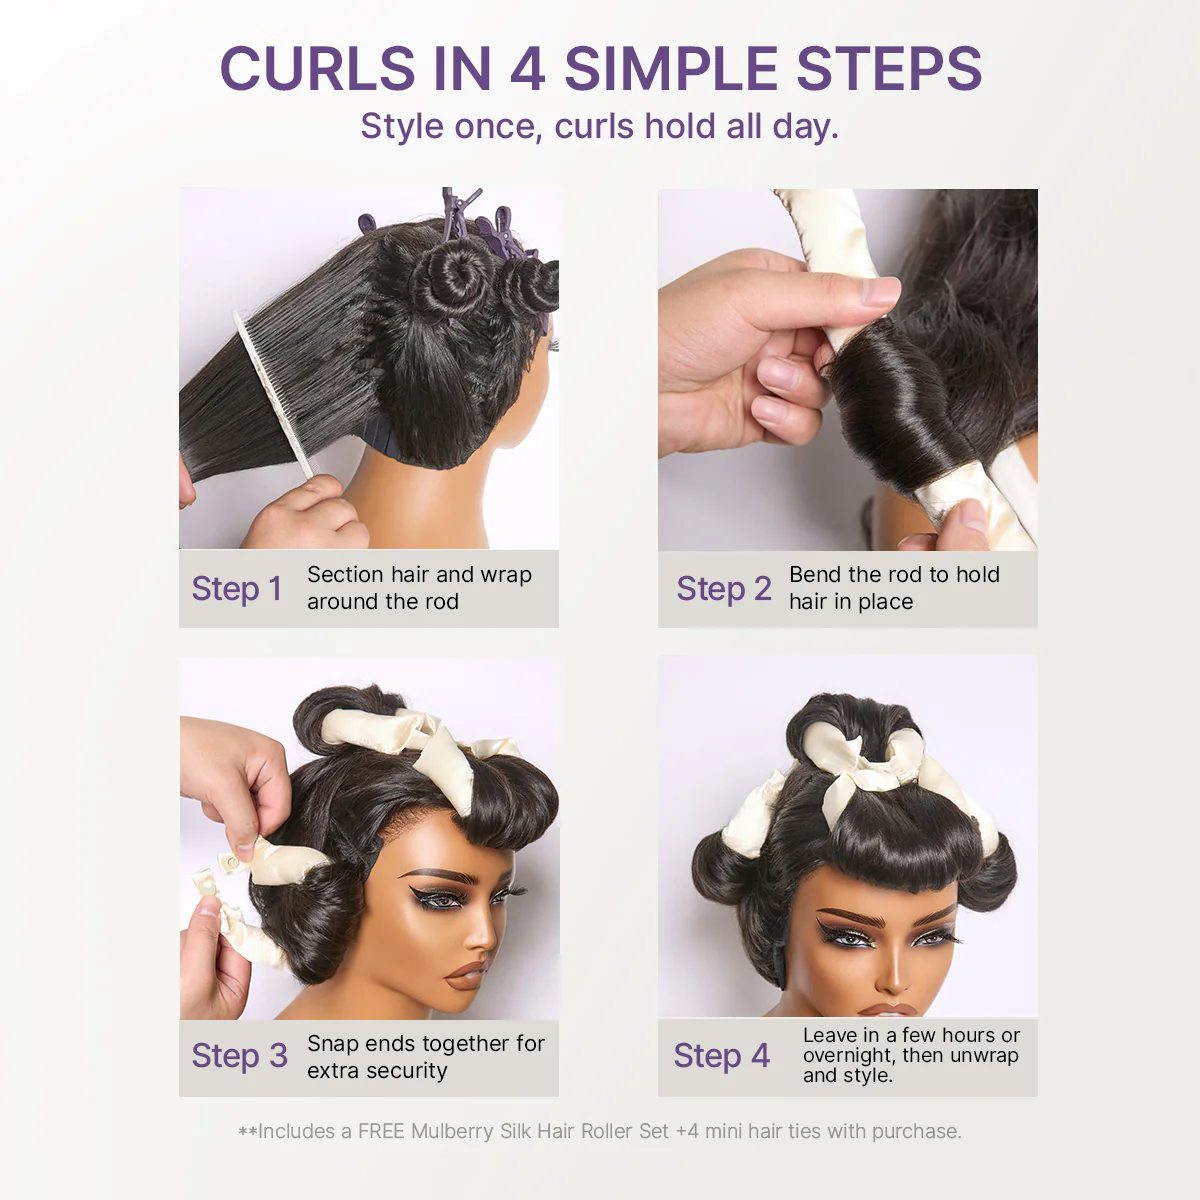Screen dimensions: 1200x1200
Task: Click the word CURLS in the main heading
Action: coord(318,69)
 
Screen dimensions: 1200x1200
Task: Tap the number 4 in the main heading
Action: coord(527,69)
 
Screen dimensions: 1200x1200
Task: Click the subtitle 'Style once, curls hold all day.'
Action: coord(599,127)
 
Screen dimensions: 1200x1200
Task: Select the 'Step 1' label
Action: coord(236,589)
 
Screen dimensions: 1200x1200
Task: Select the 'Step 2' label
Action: coord(723,589)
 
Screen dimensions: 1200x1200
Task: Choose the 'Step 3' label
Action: coord(239,1056)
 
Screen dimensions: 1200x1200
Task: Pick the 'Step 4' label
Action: coord(721,1056)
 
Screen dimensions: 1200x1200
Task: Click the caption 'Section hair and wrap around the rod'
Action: coord(418,588)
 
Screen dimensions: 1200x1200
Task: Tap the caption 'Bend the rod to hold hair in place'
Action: coord(893,588)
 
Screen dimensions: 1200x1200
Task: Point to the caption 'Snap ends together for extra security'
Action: coord(425,1057)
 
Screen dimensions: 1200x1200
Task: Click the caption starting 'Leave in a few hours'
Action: coord(910,1055)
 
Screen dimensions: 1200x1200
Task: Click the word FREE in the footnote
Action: coord(381,1131)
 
